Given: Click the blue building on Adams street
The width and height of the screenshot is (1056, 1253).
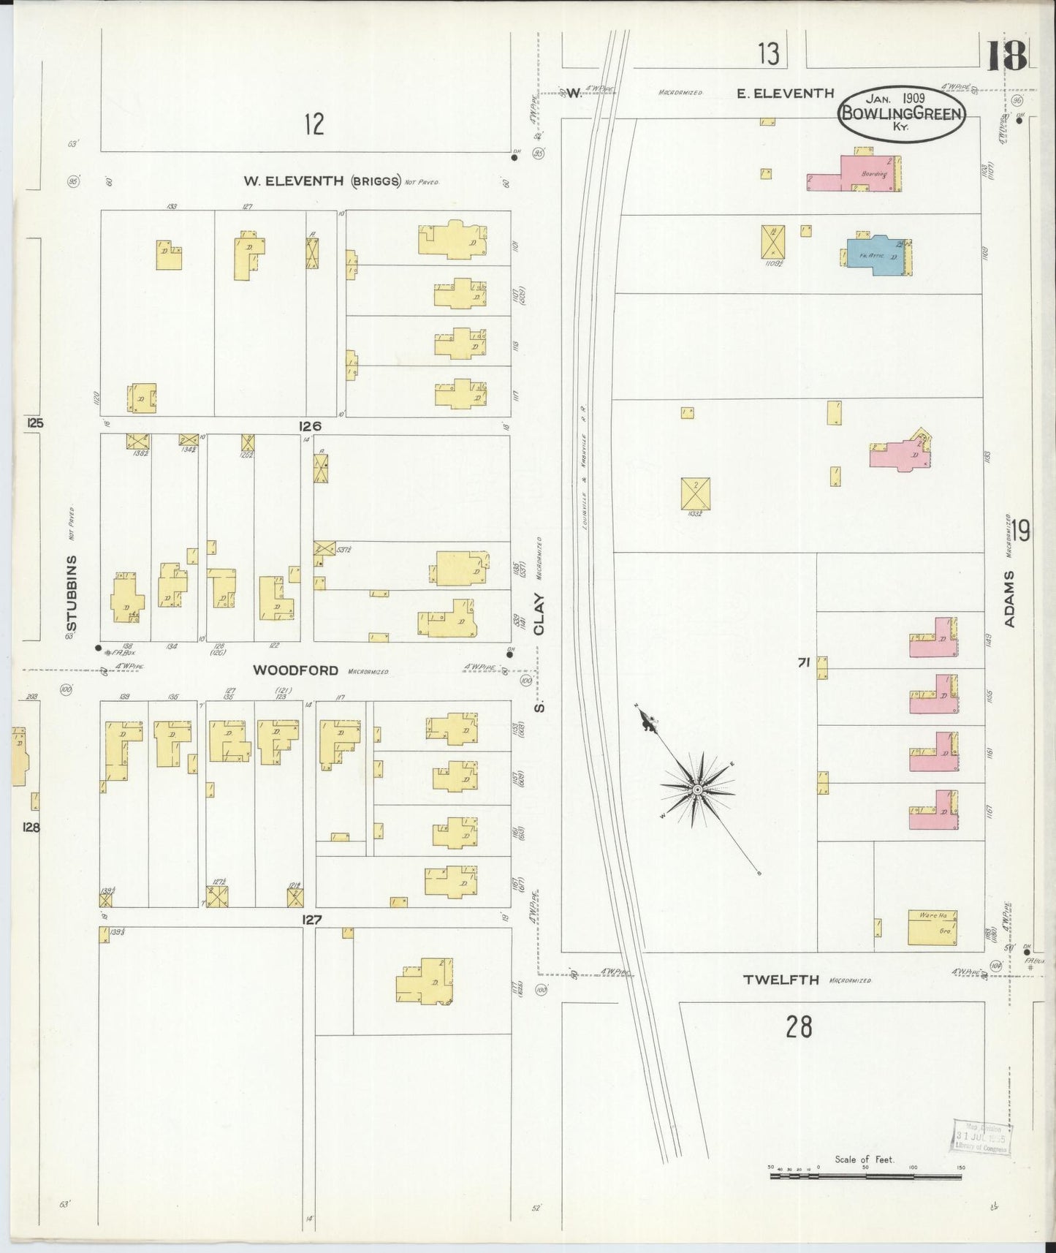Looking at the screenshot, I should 875,254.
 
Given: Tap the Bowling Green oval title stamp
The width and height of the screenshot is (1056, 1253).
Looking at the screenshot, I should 901,114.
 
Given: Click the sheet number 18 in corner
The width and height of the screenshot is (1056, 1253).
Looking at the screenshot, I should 1007,56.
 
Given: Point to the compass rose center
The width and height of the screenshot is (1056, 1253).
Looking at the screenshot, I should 697,790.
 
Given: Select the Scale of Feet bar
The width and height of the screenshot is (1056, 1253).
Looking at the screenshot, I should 865,1176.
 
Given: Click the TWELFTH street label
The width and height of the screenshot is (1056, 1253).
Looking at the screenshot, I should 780,980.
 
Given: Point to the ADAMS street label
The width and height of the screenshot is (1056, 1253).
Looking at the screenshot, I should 1010,599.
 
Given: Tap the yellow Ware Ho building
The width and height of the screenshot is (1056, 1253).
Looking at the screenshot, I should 932,927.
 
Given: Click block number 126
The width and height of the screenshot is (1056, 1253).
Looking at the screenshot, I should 310,426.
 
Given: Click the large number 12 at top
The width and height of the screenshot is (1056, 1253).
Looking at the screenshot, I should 314,124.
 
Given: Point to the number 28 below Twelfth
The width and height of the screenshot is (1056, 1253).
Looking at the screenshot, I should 799,1027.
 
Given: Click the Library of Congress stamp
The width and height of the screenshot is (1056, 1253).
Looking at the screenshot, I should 981,1137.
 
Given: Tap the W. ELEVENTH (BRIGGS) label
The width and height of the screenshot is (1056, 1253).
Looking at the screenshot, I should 324,181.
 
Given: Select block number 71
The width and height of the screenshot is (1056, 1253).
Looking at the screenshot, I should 803,663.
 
